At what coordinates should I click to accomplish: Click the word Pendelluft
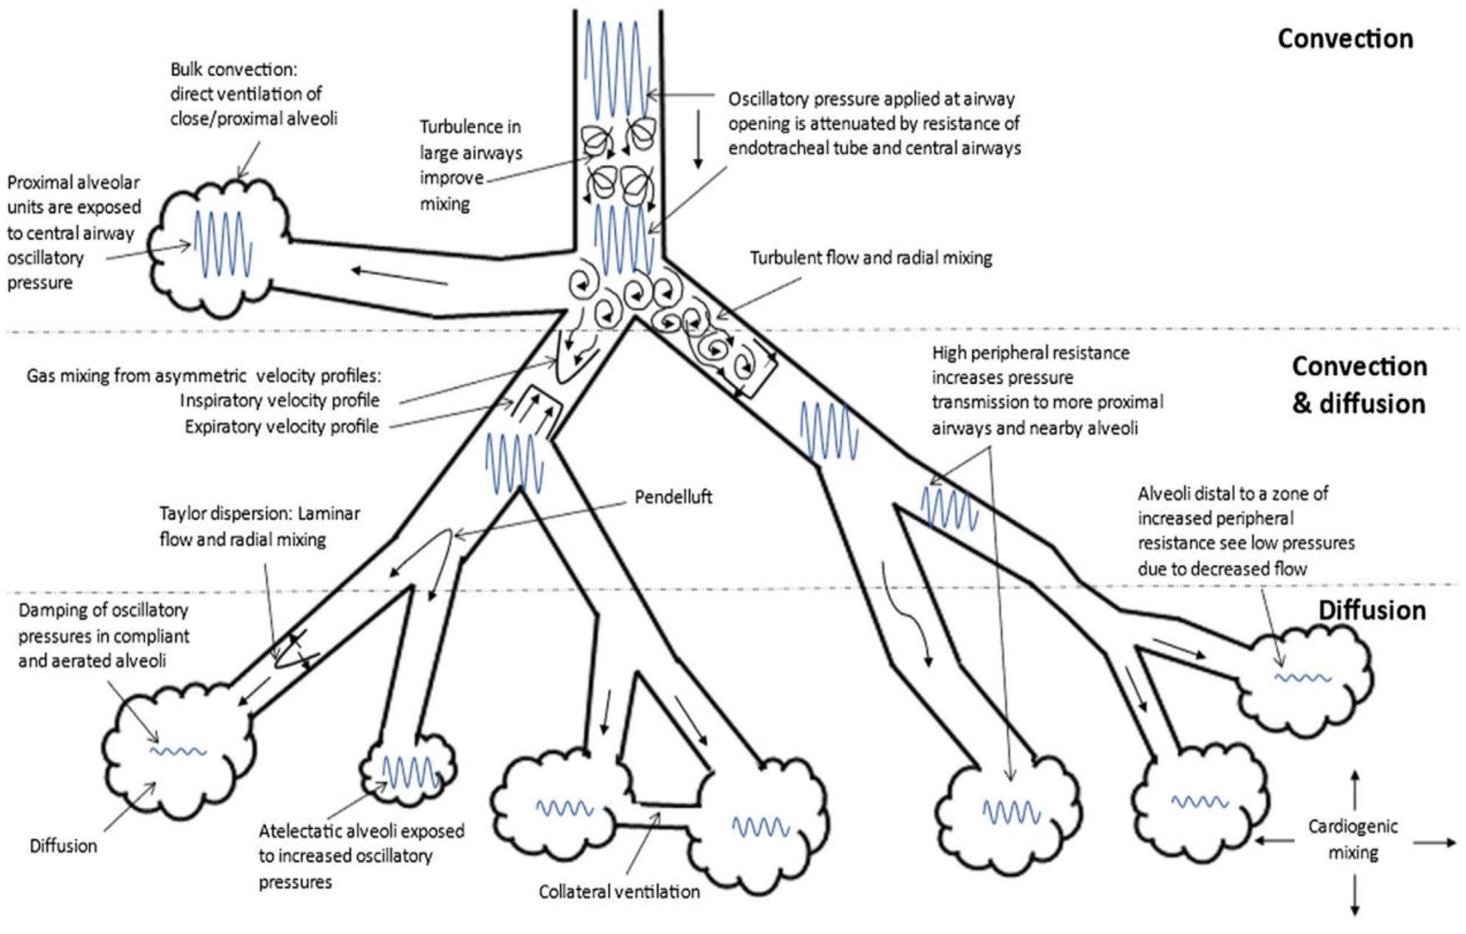pyautogui.click(x=673, y=497)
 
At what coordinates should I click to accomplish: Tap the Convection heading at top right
pyautogui.click(x=1345, y=39)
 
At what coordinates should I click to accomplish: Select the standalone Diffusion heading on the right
pyautogui.click(x=1372, y=610)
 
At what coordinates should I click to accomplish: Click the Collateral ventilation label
pyautogui.click(x=619, y=891)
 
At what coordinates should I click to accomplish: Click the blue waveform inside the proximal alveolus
pyautogui.click(x=223, y=244)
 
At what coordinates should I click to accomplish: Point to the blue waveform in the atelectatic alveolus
pyautogui.click(x=411, y=772)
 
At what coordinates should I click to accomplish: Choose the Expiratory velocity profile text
pyautogui.click(x=281, y=427)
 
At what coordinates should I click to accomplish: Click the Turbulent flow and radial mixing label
pyautogui.click(x=871, y=258)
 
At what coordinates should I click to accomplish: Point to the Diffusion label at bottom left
pyautogui.click(x=63, y=846)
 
